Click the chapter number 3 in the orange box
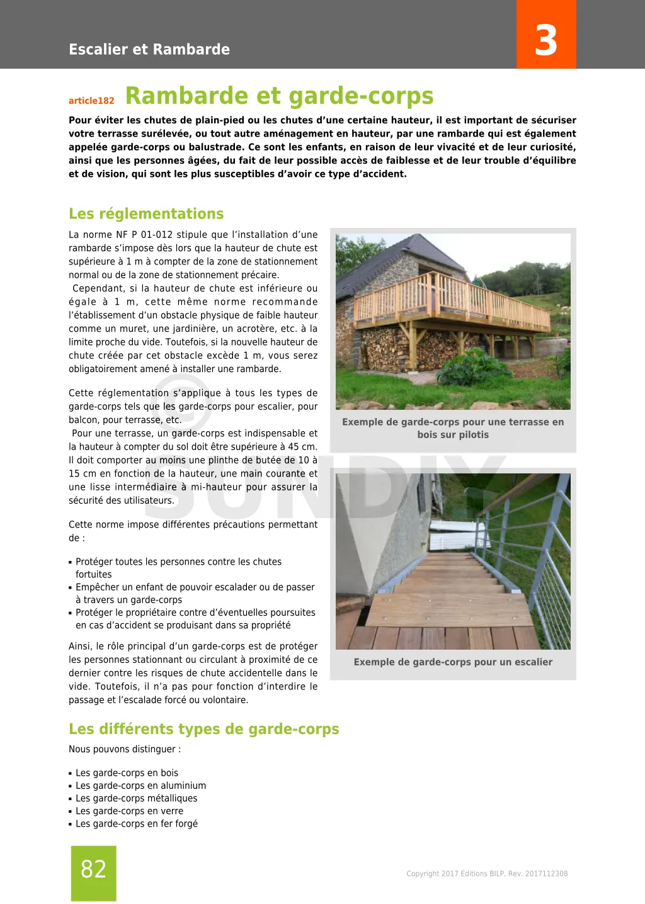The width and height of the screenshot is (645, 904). pos(546,40)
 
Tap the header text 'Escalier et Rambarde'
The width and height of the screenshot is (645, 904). pos(149,49)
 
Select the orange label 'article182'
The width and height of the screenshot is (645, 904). pos(91,101)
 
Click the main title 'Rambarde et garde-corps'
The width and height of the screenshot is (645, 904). pos(279,96)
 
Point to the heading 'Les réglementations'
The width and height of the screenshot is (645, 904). pos(146,214)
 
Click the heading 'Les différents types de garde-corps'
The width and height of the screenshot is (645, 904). pos(203,729)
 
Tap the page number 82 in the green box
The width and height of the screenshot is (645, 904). pos(93,869)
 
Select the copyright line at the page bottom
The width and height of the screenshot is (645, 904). pos(487,874)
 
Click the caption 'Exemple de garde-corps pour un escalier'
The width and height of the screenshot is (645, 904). pos(453,662)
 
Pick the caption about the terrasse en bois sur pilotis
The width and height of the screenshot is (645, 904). pos(453,428)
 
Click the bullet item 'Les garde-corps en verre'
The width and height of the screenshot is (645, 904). pos(129,811)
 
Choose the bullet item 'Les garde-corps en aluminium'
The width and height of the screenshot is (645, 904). pos(140,786)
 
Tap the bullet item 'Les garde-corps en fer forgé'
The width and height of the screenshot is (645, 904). pos(136,823)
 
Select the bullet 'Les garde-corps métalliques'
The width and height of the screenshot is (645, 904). pos(136,798)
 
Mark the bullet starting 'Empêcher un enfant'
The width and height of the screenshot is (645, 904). pos(195,594)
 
